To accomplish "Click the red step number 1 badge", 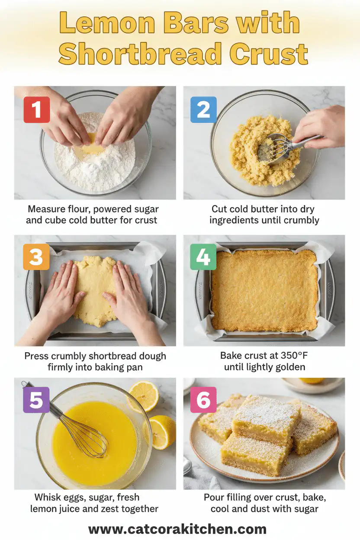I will coord(36,109).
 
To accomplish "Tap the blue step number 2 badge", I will coord(203,109).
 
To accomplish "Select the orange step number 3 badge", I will coord(36,257).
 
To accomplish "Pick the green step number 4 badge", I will coord(203,257).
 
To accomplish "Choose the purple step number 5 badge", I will coord(36,400).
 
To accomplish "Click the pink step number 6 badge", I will coord(203,400).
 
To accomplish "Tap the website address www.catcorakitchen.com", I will coord(177,529).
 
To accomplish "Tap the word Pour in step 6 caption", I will coord(214,498).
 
